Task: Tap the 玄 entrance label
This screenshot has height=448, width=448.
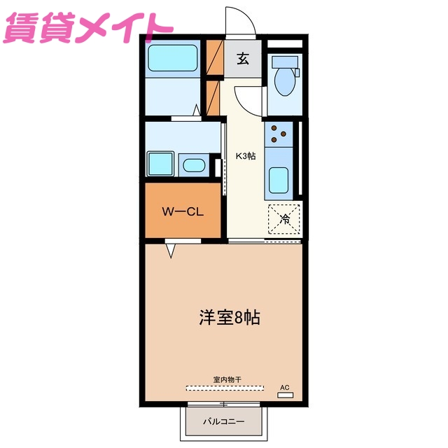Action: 242,59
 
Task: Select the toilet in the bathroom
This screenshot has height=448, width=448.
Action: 284,83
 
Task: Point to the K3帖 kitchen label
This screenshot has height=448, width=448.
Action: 244,156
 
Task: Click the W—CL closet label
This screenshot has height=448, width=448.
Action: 183,211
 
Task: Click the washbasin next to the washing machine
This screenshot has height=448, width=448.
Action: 192,166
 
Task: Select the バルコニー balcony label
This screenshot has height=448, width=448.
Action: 223,422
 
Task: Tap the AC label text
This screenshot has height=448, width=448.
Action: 284,387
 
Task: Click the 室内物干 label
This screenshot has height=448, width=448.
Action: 227,379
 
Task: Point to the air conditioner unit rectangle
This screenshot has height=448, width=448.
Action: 285,395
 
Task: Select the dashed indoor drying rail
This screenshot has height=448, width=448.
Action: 225,387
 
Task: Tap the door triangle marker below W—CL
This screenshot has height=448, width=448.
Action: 171,249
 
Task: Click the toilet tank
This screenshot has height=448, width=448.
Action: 285,61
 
